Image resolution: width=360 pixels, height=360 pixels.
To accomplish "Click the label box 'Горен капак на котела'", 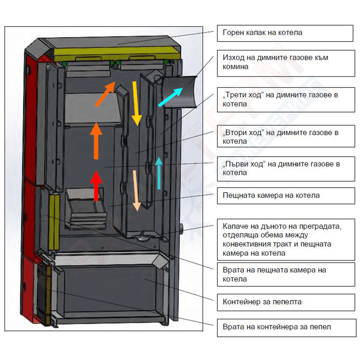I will pyautogui.click(x=285, y=33).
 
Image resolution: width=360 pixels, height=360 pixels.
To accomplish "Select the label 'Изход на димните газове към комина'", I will pyautogui.click(x=285, y=63).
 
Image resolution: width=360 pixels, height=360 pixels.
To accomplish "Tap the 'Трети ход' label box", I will pyautogui.click(x=285, y=99).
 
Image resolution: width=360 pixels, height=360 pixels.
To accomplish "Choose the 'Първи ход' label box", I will pyautogui.click(x=285, y=168).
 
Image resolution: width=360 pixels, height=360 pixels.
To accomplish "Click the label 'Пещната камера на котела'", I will pyautogui.click(x=285, y=195).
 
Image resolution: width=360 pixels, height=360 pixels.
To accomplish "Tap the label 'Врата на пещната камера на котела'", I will pyautogui.click(x=285, y=274).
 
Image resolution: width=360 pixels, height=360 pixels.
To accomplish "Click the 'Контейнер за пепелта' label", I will pyautogui.click(x=285, y=301).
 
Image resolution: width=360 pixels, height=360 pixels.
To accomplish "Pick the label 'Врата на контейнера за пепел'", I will pyautogui.click(x=285, y=327).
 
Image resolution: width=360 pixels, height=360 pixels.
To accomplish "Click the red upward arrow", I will pyautogui.click(x=95, y=185).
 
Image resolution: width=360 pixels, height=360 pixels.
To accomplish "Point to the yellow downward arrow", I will pyautogui.click(x=135, y=103).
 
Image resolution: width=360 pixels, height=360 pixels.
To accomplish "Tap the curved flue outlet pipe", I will pyautogui.click(x=180, y=92).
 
